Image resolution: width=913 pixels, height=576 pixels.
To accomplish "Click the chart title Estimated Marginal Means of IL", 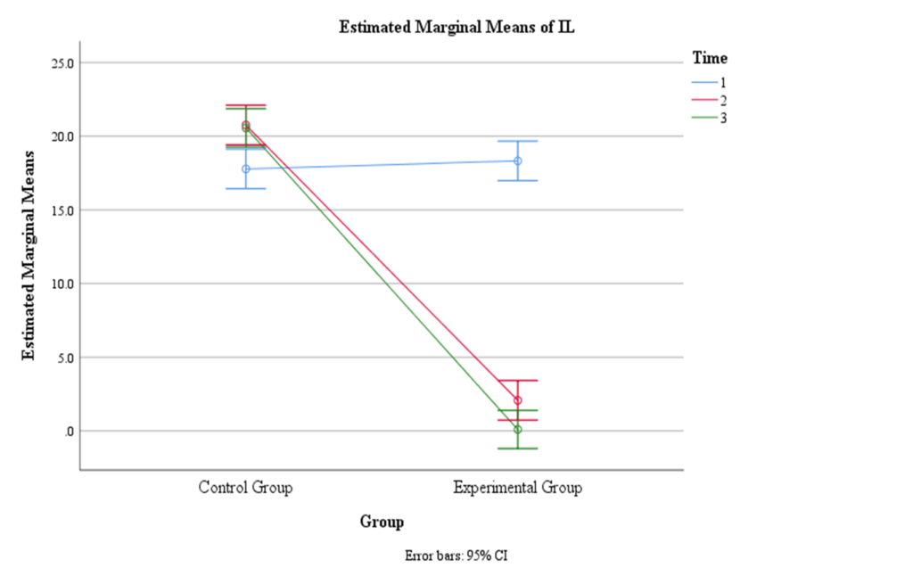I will tap(457, 27).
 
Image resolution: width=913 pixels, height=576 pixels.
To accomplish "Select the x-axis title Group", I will tap(382, 522).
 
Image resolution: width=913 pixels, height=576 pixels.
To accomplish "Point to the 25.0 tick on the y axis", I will tap(62, 63).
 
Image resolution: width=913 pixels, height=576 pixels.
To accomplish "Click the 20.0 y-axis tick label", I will tap(62, 136).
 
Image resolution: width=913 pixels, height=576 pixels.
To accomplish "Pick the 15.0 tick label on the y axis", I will tap(62, 210).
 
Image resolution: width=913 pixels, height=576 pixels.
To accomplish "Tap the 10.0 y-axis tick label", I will tap(62, 284).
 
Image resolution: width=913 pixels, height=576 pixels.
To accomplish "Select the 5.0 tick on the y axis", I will tap(65, 358).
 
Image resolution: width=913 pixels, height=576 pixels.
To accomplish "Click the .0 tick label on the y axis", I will tap(69, 432).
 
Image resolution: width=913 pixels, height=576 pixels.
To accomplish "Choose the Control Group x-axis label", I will tap(245, 488).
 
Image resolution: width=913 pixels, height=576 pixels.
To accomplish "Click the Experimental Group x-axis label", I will tap(517, 488).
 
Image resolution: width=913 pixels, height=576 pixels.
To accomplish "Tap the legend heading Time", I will tap(710, 59).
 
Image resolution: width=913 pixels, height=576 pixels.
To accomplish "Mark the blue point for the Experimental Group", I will tap(517, 161).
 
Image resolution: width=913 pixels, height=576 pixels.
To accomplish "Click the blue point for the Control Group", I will tap(245, 169).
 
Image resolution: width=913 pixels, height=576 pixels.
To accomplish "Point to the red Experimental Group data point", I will tap(517, 400).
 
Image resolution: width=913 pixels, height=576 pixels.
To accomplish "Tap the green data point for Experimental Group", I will tap(517, 430).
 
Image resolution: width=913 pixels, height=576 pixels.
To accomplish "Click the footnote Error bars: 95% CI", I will tap(456, 555).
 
